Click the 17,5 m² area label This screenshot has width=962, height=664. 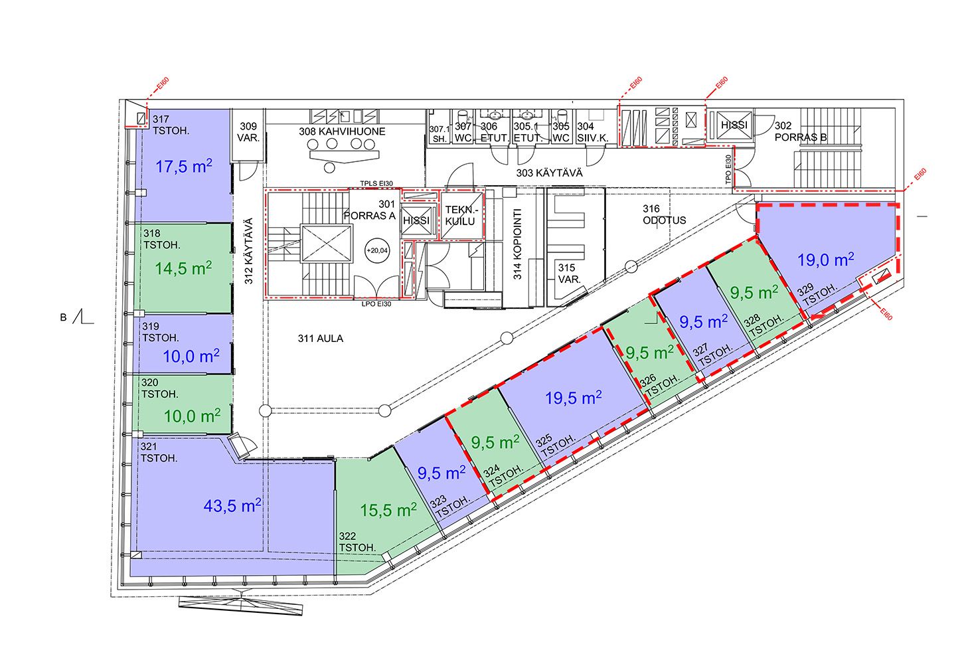(x=184, y=166)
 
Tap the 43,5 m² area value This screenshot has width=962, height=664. (x=232, y=505)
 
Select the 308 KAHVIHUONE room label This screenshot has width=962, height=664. (x=343, y=131)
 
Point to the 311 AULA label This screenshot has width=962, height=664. (x=321, y=339)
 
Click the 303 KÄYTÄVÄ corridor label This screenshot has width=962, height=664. (x=549, y=173)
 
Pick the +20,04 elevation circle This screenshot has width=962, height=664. (x=377, y=250)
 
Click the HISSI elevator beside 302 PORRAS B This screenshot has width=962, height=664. (x=734, y=125)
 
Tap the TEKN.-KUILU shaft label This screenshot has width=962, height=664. (x=461, y=216)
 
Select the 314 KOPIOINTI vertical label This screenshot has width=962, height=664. (x=517, y=244)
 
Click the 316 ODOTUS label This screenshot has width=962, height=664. (x=664, y=214)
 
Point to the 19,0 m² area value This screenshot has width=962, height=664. (x=825, y=260)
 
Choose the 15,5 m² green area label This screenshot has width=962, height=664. (x=388, y=510)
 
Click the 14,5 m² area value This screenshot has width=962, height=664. (x=183, y=268)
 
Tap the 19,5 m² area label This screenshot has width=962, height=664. (x=574, y=398)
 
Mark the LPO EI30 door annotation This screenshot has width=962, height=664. (x=376, y=304)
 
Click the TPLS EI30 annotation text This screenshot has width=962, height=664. (x=376, y=183)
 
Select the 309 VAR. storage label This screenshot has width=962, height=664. (x=248, y=132)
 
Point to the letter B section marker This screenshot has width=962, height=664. (x=64, y=318)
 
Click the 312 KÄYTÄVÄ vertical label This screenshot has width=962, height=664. (x=249, y=251)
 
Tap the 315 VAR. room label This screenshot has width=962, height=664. (x=569, y=273)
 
